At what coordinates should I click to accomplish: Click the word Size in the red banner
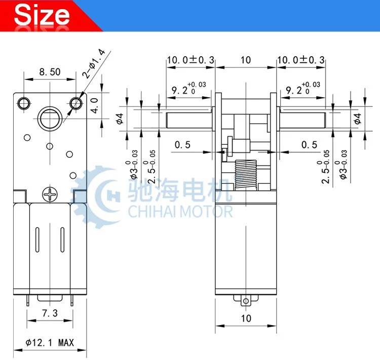coord(42,15)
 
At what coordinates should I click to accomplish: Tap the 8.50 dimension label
coord(50,72)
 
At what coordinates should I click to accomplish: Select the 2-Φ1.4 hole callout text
coord(94,63)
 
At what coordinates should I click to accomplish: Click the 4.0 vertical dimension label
coord(95,106)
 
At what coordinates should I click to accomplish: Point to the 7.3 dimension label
coord(50,313)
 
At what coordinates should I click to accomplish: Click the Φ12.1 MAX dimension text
coord(50,343)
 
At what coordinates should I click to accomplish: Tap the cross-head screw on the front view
coord(50,194)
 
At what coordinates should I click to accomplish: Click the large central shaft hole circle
coord(50,118)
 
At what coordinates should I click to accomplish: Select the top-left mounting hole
coord(24,104)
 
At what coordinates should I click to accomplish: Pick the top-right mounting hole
coord(76,104)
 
